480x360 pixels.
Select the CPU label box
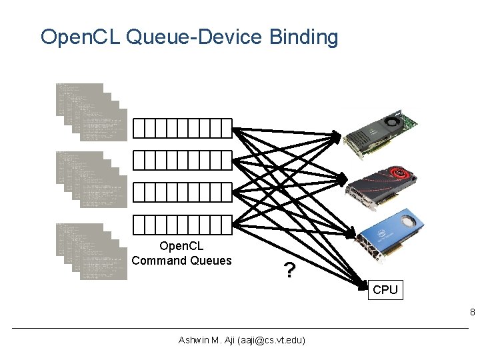(x=385, y=290)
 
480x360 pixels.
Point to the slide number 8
(x=472, y=312)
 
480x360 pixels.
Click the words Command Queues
(x=181, y=261)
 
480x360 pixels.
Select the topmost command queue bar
(x=182, y=127)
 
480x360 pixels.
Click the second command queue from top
(x=182, y=159)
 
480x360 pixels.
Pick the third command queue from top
(x=182, y=192)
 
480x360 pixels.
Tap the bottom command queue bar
(x=182, y=225)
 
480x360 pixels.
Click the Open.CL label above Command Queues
(x=181, y=247)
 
